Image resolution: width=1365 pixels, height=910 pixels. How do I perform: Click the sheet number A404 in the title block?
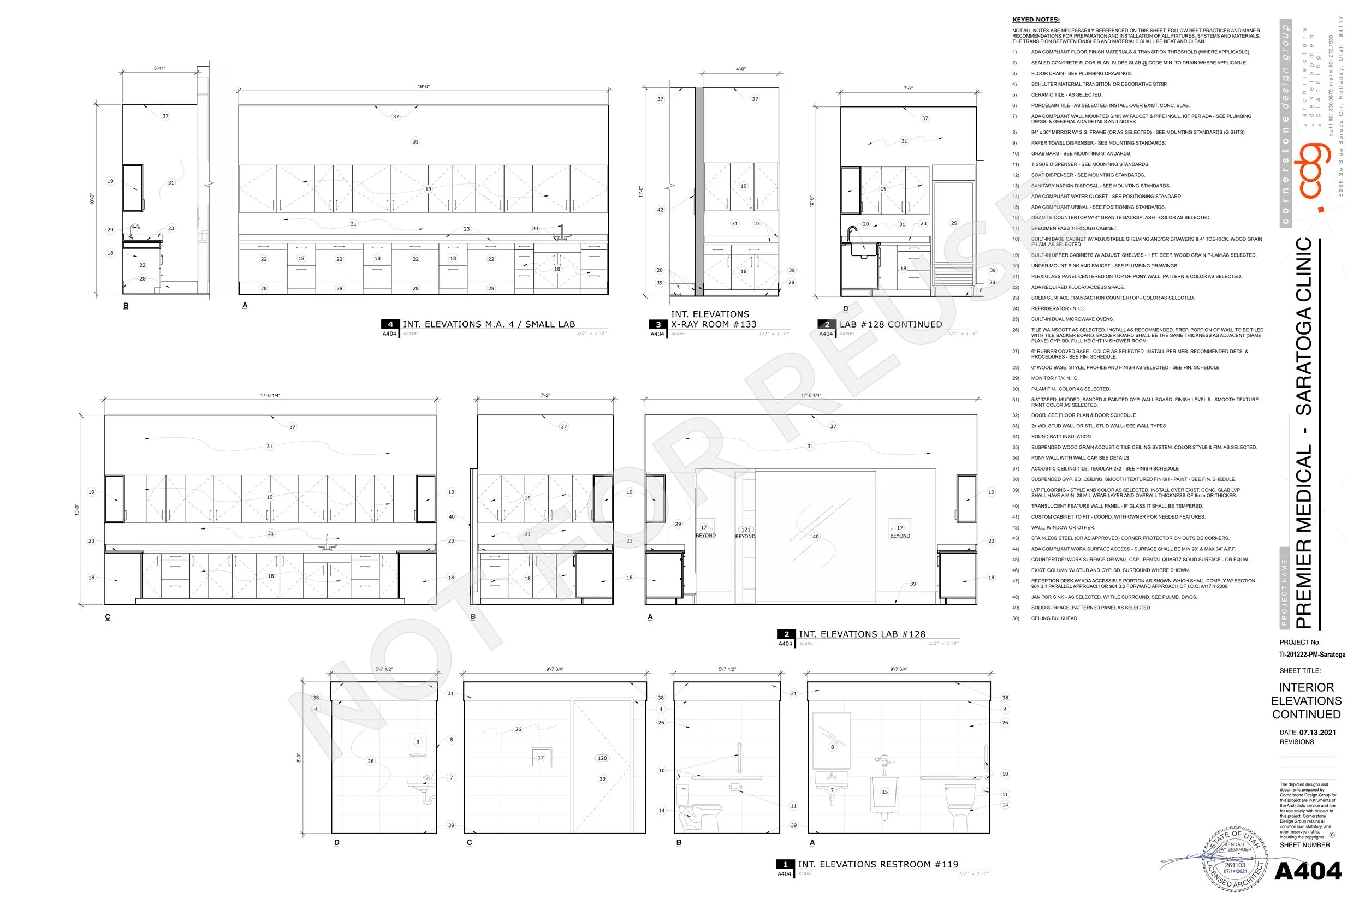click(x=1308, y=871)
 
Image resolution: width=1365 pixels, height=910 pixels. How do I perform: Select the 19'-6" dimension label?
click(x=424, y=86)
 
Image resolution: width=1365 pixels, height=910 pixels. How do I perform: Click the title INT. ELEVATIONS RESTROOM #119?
click(x=877, y=864)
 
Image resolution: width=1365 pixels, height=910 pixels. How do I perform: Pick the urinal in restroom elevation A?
click(x=885, y=794)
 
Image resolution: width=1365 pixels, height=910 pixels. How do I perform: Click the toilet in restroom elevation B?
click(x=699, y=808)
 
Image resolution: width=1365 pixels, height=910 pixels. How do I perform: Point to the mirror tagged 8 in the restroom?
click(x=832, y=740)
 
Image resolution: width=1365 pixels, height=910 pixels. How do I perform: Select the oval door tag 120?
click(x=602, y=758)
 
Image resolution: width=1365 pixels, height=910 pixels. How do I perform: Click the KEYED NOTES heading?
click(x=1036, y=20)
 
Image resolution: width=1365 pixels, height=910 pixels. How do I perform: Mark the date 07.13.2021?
click(x=1317, y=733)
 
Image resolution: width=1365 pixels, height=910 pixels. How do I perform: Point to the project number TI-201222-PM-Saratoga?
click(x=1312, y=654)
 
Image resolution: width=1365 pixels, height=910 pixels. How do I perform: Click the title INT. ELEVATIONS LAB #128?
click(x=862, y=634)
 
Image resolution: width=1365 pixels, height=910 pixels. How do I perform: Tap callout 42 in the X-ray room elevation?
click(x=660, y=210)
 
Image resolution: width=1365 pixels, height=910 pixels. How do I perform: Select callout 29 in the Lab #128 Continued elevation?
click(x=954, y=223)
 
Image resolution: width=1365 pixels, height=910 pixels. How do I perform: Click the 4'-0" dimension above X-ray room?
click(x=740, y=69)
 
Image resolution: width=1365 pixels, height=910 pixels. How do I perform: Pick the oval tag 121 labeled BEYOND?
click(x=746, y=530)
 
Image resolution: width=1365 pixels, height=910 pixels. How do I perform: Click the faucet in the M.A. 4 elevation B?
click(x=135, y=229)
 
